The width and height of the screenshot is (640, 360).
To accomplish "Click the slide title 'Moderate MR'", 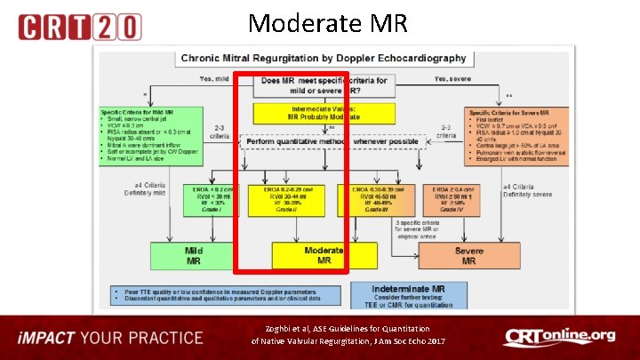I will (x=328, y=22).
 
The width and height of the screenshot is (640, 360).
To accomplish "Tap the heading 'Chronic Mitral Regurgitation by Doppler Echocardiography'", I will (x=324, y=58).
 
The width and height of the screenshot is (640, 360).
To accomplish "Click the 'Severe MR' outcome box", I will (x=468, y=255).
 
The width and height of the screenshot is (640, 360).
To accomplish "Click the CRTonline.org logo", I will (x=558, y=337).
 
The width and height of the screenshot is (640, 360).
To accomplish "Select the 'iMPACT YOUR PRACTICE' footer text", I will (x=112, y=338).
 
